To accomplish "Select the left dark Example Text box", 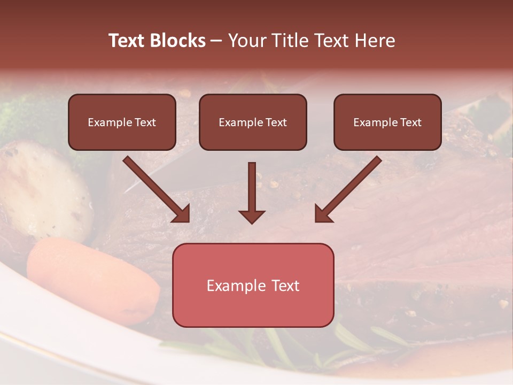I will point(122,122).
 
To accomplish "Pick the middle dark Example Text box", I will point(253,122).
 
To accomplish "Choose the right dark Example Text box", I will point(387,122).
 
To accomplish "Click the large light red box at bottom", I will point(253,285).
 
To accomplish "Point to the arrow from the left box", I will point(155,188).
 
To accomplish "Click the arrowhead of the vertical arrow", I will point(252,216).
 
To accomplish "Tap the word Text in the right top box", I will point(410,122).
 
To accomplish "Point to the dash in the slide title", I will point(216,41).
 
